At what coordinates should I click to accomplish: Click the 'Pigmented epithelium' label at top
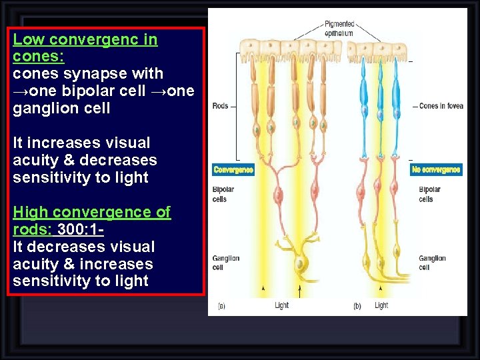point(339,29)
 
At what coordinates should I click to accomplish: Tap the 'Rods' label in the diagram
point(220,106)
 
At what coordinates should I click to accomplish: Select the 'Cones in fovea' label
point(441,106)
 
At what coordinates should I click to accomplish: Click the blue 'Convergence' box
point(233,170)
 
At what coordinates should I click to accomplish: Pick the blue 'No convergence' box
point(436,170)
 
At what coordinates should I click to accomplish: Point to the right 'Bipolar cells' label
point(430,195)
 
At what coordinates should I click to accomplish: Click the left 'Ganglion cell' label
point(225,263)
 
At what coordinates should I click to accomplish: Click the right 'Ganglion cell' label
point(432,263)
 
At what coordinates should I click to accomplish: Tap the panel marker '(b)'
point(358,306)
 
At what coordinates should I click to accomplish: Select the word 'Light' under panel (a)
point(282,306)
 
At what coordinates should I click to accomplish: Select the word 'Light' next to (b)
point(381,306)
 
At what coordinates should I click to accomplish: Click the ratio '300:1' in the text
point(79,229)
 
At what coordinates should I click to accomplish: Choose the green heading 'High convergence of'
point(91,212)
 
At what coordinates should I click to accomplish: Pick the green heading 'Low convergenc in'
point(85,39)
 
